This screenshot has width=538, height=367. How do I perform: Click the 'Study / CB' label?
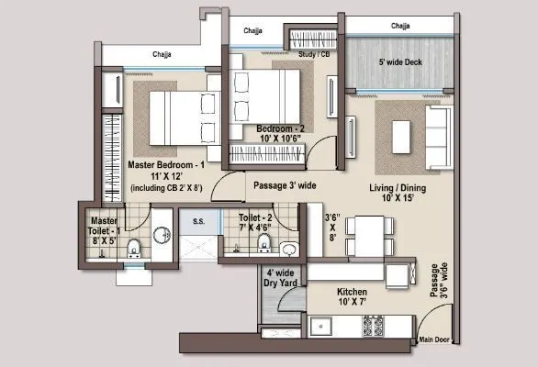[x=314, y=54]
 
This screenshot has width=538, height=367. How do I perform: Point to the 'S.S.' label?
[x=196, y=220]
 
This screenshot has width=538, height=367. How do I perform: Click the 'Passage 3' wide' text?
[x=285, y=185]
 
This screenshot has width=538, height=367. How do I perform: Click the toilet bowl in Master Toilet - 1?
[x=135, y=248]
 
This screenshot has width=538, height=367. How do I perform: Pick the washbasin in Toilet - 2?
[x=288, y=248]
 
